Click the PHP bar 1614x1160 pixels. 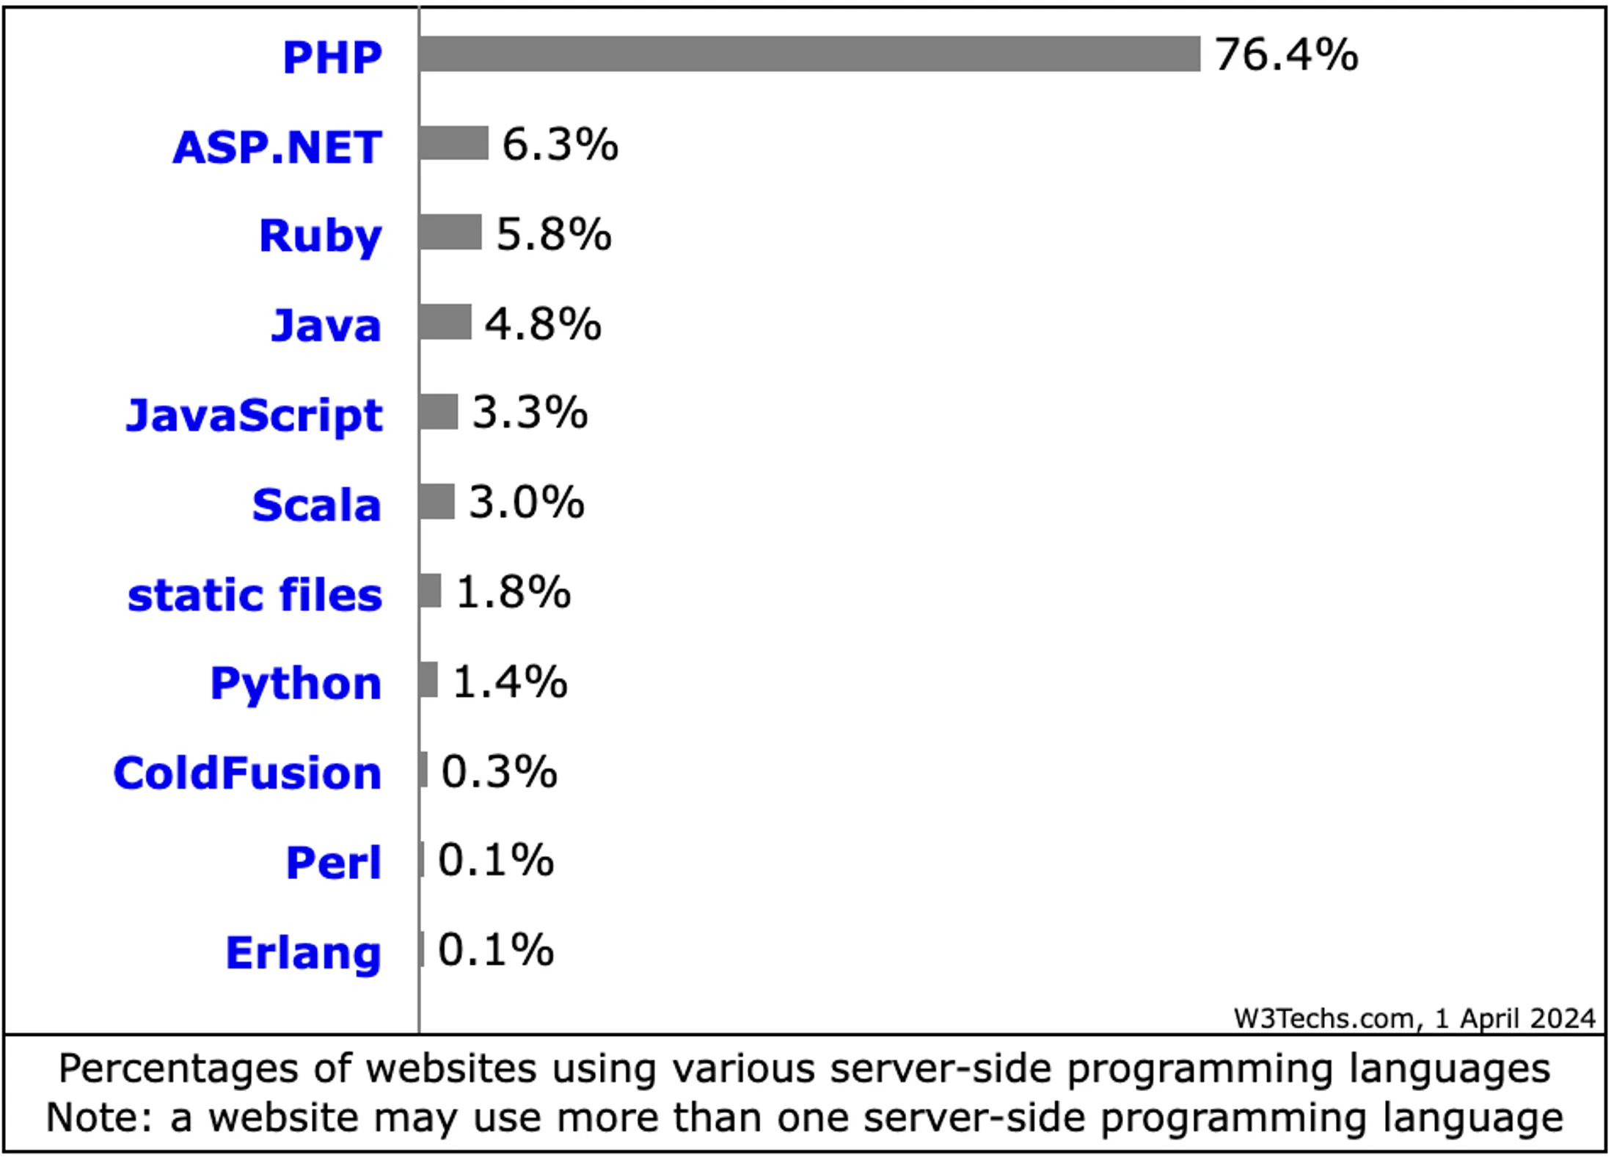pyautogui.click(x=809, y=54)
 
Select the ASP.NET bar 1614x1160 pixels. pyautogui.click(x=453, y=143)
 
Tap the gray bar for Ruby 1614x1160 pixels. pyautogui.click(x=450, y=233)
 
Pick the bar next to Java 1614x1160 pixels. pyautogui.click(x=445, y=323)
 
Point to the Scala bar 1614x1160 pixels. pyautogui.click(x=437, y=502)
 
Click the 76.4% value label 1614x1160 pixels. pyautogui.click(x=1286, y=55)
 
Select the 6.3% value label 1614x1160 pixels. pyautogui.click(x=560, y=145)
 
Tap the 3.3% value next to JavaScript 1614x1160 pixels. pyautogui.click(x=530, y=412)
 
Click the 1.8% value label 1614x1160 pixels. pyautogui.click(x=513, y=592)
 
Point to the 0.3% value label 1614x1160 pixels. pyautogui.click(x=499, y=772)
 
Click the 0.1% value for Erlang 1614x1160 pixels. pyautogui.click(x=495, y=950)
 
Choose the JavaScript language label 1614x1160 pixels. pyautogui.click(x=254, y=415)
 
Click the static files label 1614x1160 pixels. pyautogui.click(x=255, y=594)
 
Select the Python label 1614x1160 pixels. pyautogui.click(x=296, y=684)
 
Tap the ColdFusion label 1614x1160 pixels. pyautogui.click(x=247, y=773)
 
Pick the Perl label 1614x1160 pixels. pyautogui.click(x=333, y=863)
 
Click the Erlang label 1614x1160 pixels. pyautogui.click(x=303, y=953)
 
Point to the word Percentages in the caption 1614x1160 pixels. pyautogui.click(x=178, y=1068)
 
